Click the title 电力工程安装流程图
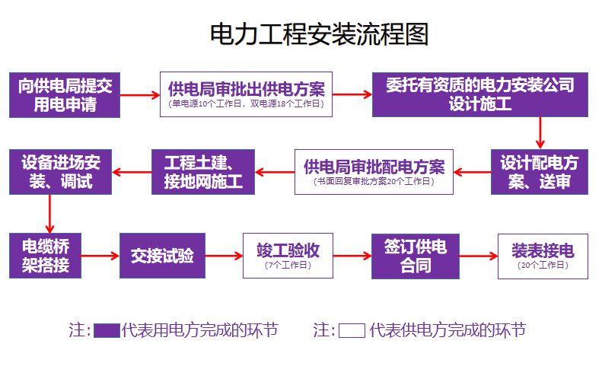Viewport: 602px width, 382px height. (319, 34)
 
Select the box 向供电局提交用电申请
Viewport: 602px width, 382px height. (65, 95)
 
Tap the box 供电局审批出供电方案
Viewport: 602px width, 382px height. (246, 95)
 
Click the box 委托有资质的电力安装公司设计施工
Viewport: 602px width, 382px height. (479, 95)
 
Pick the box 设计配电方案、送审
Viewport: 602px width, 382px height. (540, 172)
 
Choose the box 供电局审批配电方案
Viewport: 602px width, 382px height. (374, 172)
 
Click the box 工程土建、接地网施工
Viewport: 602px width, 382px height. (203, 172)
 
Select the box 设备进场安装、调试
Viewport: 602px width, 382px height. (60, 172)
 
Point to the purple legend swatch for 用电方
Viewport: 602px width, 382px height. (107, 331)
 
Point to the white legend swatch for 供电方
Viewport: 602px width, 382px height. (352, 331)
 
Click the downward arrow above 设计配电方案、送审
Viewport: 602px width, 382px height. (540, 133)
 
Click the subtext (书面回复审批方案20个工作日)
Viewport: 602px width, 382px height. (374, 182)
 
